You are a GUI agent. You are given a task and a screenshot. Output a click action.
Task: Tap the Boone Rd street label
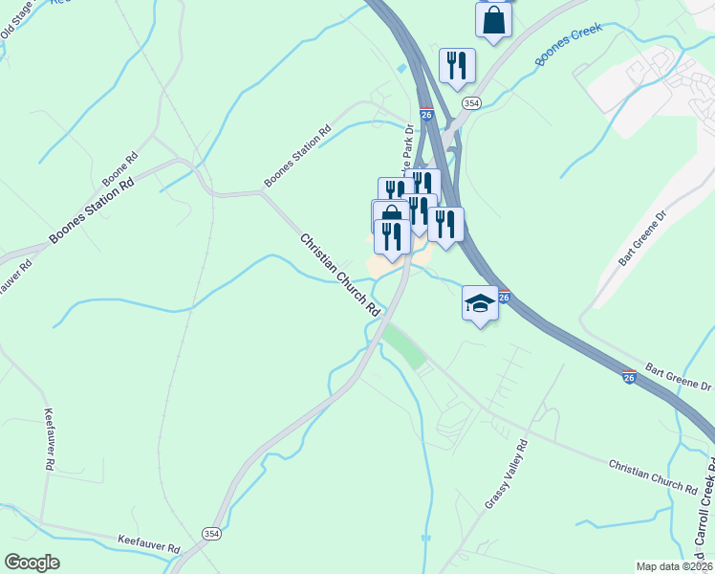[x=120, y=168]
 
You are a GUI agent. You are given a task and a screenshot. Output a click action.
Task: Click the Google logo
[x=32, y=563]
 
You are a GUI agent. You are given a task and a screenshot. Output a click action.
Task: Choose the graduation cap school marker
[x=480, y=303]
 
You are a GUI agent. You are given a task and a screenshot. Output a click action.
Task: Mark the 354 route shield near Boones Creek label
[x=470, y=102]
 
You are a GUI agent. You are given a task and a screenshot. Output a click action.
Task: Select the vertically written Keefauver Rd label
[x=48, y=440]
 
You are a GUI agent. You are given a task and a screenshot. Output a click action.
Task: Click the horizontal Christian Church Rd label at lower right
[x=653, y=475]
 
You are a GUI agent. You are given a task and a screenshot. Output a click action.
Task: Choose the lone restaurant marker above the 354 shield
[x=457, y=64]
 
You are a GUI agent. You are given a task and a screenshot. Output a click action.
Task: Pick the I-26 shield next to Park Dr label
[x=426, y=114]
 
